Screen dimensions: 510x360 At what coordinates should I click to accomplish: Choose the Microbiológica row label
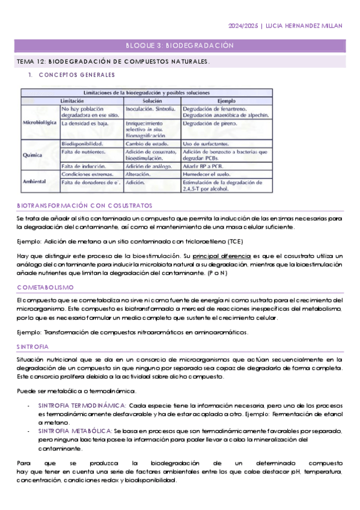click(x=40, y=122)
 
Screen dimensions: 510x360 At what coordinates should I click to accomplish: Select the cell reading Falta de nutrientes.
click(x=84, y=153)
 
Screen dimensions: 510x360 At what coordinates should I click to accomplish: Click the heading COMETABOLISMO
click(x=46, y=288)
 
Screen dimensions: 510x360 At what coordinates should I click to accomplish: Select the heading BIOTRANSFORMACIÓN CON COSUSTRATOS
click(x=85, y=206)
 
